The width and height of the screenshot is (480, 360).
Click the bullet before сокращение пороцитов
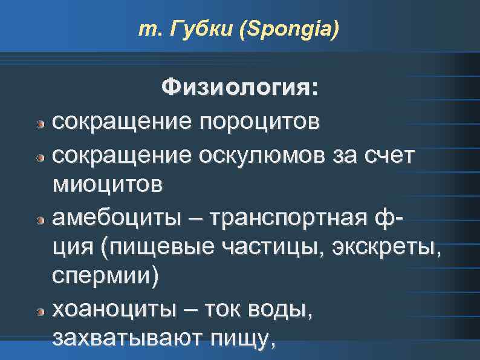[x=40, y=125]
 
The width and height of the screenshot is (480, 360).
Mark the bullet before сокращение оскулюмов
[x=40, y=157]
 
